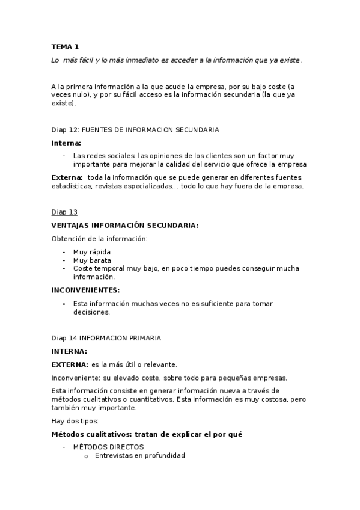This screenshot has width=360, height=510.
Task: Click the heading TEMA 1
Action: pyautogui.click(x=65, y=46)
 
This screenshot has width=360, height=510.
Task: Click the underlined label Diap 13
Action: pyautogui.click(x=64, y=212)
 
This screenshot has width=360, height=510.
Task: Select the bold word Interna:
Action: pyautogui.click(x=66, y=143)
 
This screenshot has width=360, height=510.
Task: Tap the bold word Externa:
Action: pyautogui.click(x=67, y=177)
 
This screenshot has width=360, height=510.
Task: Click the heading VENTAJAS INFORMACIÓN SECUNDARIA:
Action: pyautogui.click(x=124, y=225)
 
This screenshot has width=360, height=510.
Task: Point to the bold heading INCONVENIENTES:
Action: pyautogui.click(x=86, y=290)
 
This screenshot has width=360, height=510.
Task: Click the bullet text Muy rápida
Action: pyautogui.click(x=92, y=251)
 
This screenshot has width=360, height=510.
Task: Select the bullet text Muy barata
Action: pyautogui.click(x=92, y=260)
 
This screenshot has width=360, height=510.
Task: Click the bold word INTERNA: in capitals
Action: pyautogui.click(x=69, y=351)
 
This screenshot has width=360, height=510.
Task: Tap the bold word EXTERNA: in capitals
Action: pyautogui.click(x=70, y=364)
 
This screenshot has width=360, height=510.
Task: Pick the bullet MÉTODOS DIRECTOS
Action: pyautogui.click(x=108, y=447)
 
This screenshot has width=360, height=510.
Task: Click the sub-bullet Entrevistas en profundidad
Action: pyautogui.click(x=139, y=455)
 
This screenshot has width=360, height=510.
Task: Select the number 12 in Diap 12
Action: pyautogui.click(x=73, y=129)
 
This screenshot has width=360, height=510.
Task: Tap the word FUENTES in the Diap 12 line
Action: pyautogui.click(x=96, y=129)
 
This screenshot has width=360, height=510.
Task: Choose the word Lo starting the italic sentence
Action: pyautogui.click(x=55, y=60)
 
